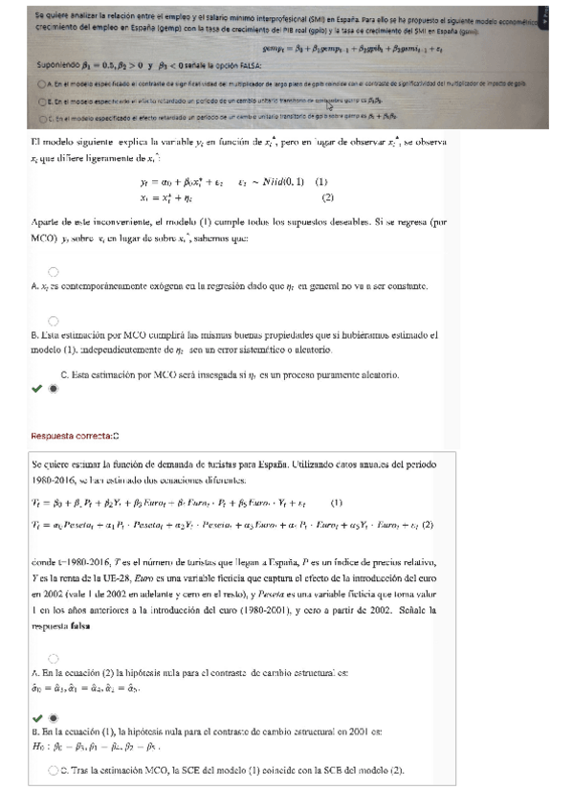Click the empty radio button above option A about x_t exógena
click(x=53, y=272)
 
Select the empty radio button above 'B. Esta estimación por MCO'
click(x=53, y=321)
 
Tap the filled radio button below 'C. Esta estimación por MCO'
click(x=53, y=390)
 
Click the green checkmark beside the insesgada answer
click(x=36, y=390)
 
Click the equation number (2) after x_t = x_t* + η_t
click(x=327, y=198)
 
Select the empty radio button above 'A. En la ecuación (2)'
click(x=53, y=659)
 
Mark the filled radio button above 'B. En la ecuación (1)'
click(x=53, y=717)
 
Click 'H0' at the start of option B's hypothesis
click(x=40, y=746)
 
